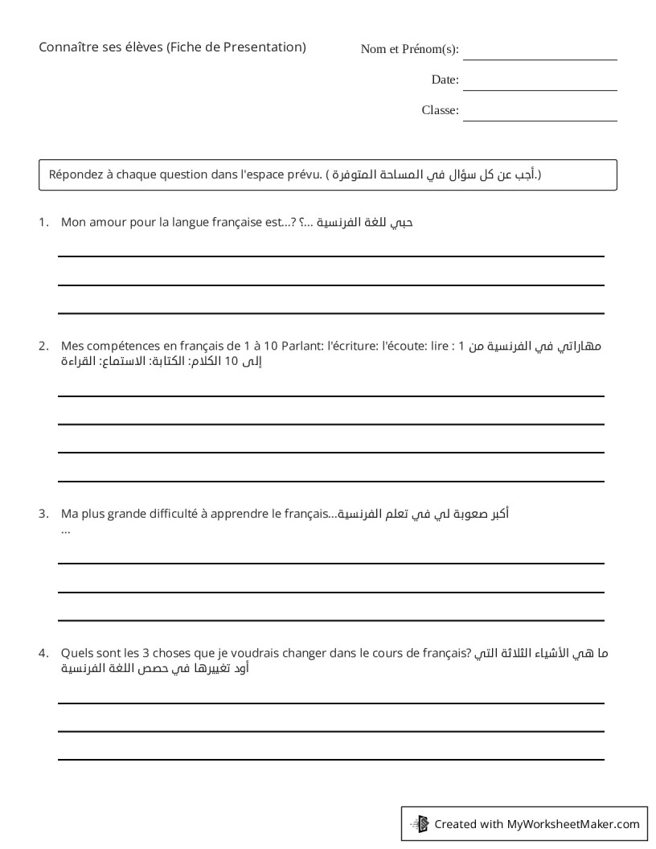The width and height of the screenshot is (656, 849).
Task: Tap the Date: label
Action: (x=445, y=80)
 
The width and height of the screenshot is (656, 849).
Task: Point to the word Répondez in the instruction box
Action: (x=74, y=174)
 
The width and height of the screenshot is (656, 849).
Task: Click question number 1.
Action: (x=43, y=222)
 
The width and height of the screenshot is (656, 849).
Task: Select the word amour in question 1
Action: (x=103, y=222)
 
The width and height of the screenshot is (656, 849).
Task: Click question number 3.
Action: (x=43, y=513)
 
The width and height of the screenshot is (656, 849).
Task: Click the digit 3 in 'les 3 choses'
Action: (x=137, y=654)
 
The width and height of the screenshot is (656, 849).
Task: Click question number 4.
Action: (x=43, y=654)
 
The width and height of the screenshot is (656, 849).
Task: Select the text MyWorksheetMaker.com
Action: (x=572, y=823)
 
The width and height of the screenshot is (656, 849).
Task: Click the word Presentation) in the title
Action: (x=266, y=47)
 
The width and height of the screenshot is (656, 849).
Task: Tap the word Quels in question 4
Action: (x=76, y=654)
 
